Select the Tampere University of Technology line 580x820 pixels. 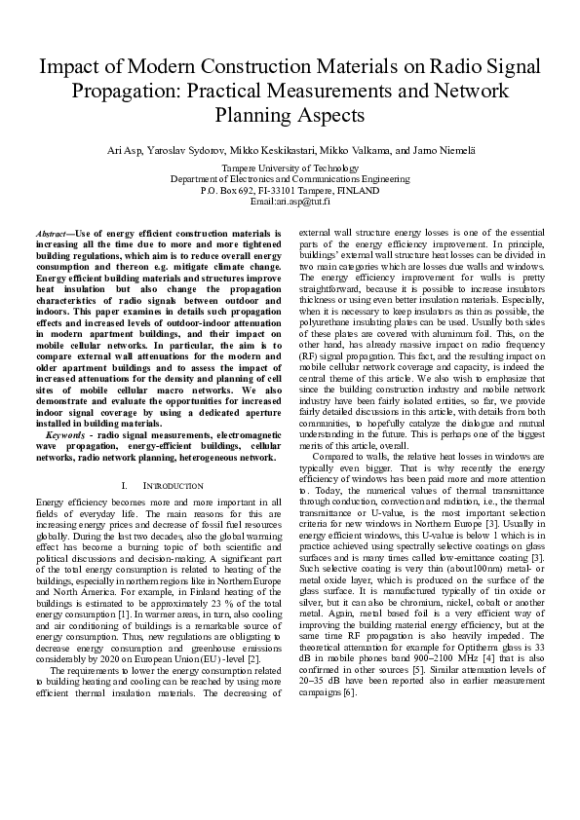click(x=290, y=168)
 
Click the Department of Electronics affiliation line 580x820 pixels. click(x=290, y=179)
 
